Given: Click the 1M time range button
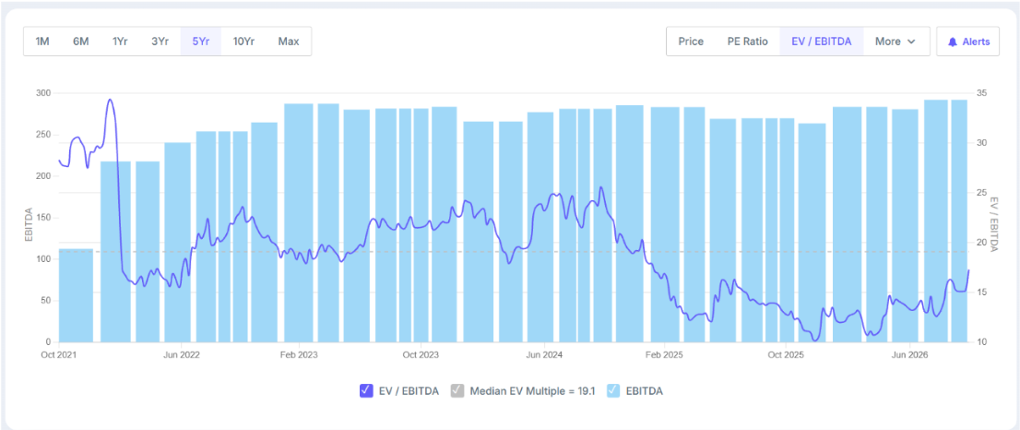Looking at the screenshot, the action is [x=42, y=42].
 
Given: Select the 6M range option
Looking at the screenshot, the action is [x=80, y=42].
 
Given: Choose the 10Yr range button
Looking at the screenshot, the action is [x=243, y=42].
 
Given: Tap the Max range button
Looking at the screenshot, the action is [x=289, y=42].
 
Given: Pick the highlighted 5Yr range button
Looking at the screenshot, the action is [x=200, y=42].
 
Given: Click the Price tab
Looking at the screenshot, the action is [x=691, y=42].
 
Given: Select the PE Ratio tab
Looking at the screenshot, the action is [x=747, y=42].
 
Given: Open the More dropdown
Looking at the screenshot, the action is [x=895, y=42].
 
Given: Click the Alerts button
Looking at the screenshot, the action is [x=968, y=42].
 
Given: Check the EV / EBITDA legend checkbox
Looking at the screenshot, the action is [x=365, y=391].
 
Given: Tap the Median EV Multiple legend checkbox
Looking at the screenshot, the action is [x=457, y=391].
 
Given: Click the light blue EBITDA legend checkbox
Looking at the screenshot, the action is [x=612, y=391].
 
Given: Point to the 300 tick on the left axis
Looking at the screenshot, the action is [x=42, y=93].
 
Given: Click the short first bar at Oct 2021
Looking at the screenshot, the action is [x=77, y=295].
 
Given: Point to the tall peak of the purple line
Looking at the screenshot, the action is [x=110, y=101].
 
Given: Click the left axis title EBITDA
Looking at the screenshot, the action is [x=29, y=224].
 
